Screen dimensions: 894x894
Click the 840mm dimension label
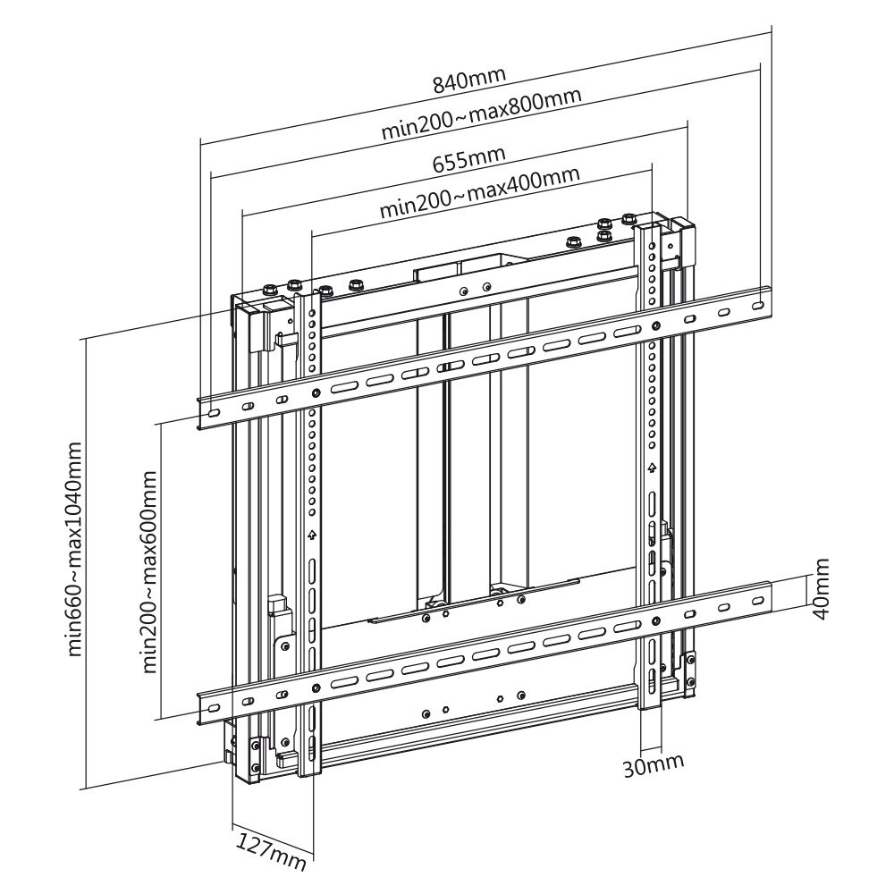468,80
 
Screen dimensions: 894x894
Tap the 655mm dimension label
468,160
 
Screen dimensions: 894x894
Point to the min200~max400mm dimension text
480,192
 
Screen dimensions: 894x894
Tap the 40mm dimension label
821,589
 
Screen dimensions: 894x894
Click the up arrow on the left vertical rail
311,535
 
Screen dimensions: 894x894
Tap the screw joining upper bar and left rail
316,392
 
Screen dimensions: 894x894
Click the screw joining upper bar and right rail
655,326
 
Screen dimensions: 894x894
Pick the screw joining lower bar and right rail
655,621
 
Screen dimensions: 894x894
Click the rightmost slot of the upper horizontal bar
758,306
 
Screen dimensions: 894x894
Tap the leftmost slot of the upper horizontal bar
213,413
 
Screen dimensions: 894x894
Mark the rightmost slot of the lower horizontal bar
758,602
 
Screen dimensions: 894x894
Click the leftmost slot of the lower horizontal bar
213,708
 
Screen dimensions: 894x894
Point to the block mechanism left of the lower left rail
281,617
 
